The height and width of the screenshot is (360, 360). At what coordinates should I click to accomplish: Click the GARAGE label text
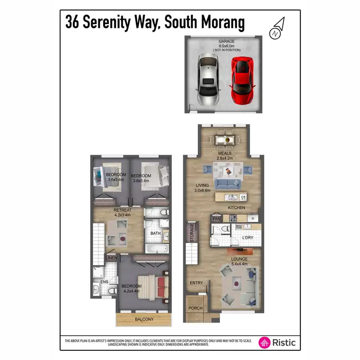(224, 42)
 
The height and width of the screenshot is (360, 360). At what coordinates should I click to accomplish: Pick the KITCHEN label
(237, 208)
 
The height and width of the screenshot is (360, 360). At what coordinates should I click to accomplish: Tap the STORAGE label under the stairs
(192, 232)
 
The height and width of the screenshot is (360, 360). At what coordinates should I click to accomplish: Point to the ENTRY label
(196, 283)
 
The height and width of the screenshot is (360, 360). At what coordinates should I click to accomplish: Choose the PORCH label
(195, 308)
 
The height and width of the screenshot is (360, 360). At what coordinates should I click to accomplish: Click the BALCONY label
(144, 319)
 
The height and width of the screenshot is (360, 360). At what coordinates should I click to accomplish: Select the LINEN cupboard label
(111, 258)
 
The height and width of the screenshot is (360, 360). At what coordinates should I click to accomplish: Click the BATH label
(156, 233)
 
